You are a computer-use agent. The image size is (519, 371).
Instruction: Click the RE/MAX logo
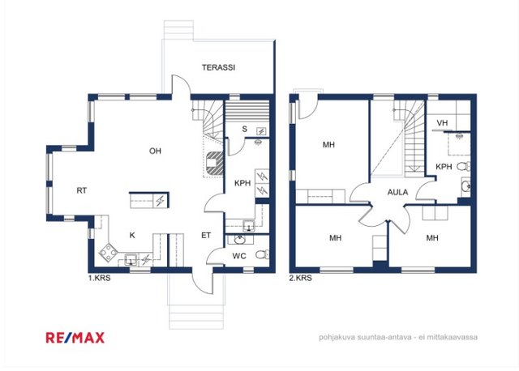75,338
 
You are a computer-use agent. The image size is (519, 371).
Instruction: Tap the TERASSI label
218,67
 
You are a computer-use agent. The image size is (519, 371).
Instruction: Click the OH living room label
155,151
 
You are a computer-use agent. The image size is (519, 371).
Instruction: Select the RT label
82,190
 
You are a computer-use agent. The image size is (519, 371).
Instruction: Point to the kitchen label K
132,236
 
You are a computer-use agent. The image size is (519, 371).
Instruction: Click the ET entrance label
206,236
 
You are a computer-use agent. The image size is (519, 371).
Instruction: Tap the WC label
239,256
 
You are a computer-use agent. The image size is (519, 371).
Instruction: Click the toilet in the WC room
262,254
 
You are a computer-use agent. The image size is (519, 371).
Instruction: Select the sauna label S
244,129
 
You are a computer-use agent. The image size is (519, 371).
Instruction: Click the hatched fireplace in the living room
214,163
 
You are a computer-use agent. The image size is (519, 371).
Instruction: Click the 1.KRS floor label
99,278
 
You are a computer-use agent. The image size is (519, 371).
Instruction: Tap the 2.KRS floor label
301,278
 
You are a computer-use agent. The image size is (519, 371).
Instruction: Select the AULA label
397,192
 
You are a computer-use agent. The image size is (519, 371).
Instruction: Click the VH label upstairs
442,123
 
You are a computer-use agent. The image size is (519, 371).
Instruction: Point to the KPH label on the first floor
242,183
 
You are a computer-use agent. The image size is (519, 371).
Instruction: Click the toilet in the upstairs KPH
464,166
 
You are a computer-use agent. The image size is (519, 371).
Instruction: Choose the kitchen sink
131,260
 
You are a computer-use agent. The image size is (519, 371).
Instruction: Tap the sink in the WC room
239,240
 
